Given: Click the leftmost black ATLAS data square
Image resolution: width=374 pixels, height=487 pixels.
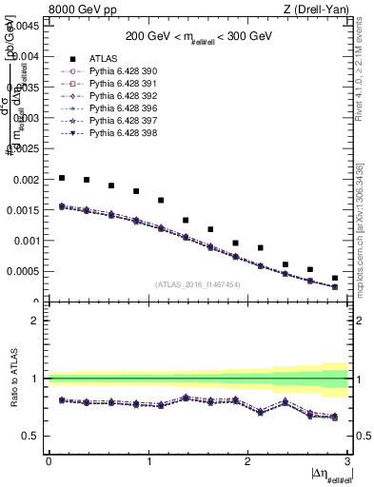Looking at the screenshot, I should coord(62,178).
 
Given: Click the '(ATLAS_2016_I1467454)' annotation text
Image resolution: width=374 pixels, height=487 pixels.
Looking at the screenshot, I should coord(198,284).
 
